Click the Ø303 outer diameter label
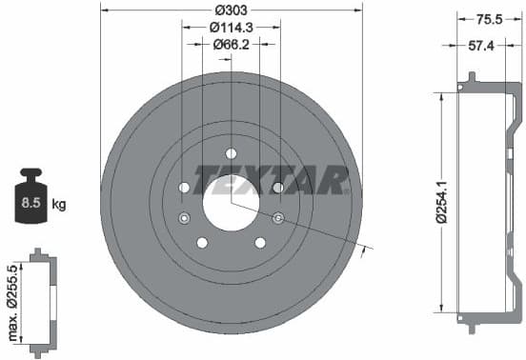coord(231,10)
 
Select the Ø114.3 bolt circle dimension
coord(231,27)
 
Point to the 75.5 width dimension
coord(489,16)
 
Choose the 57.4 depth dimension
coord(489,44)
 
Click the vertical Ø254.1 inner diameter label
coord(441,201)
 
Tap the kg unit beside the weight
coord(59,203)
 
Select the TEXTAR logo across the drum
coord(272,179)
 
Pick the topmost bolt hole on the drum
coord(231,153)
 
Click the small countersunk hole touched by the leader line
coord(277,219)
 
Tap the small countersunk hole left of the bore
coord(184,219)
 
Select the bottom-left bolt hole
coord(202,242)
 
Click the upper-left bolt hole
coord(185,188)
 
